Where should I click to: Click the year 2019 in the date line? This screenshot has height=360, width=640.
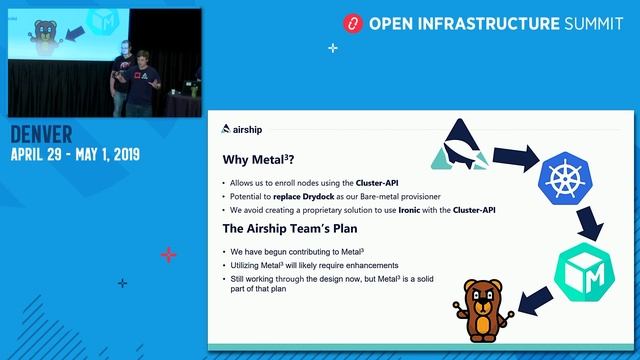click(x=120, y=155)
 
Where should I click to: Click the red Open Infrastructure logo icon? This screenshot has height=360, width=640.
click(x=351, y=22)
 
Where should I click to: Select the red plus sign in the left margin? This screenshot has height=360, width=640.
click(x=168, y=255)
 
